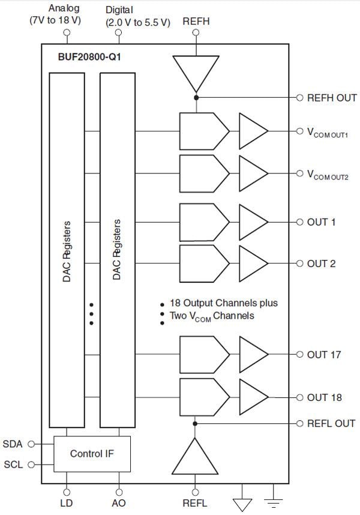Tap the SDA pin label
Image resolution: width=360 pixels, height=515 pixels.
point(13,444)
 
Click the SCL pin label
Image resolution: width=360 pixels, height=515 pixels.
point(13,465)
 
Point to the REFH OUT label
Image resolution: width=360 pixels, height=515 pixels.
point(331,98)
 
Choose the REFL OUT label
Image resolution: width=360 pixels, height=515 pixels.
point(331,423)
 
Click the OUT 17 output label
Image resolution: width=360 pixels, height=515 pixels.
point(324,355)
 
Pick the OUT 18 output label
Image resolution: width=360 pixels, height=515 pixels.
point(324,397)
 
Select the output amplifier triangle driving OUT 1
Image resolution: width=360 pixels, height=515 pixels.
point(253,221)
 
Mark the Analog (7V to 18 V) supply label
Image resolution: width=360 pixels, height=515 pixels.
point(55,14)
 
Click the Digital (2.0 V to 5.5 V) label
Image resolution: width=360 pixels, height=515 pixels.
point(138,16)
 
